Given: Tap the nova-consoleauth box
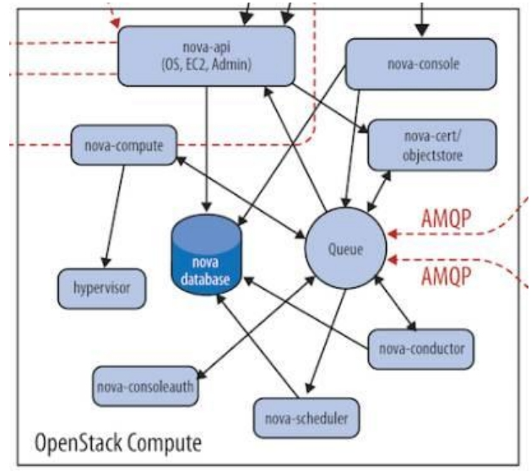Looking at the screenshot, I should tap(145, 388).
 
